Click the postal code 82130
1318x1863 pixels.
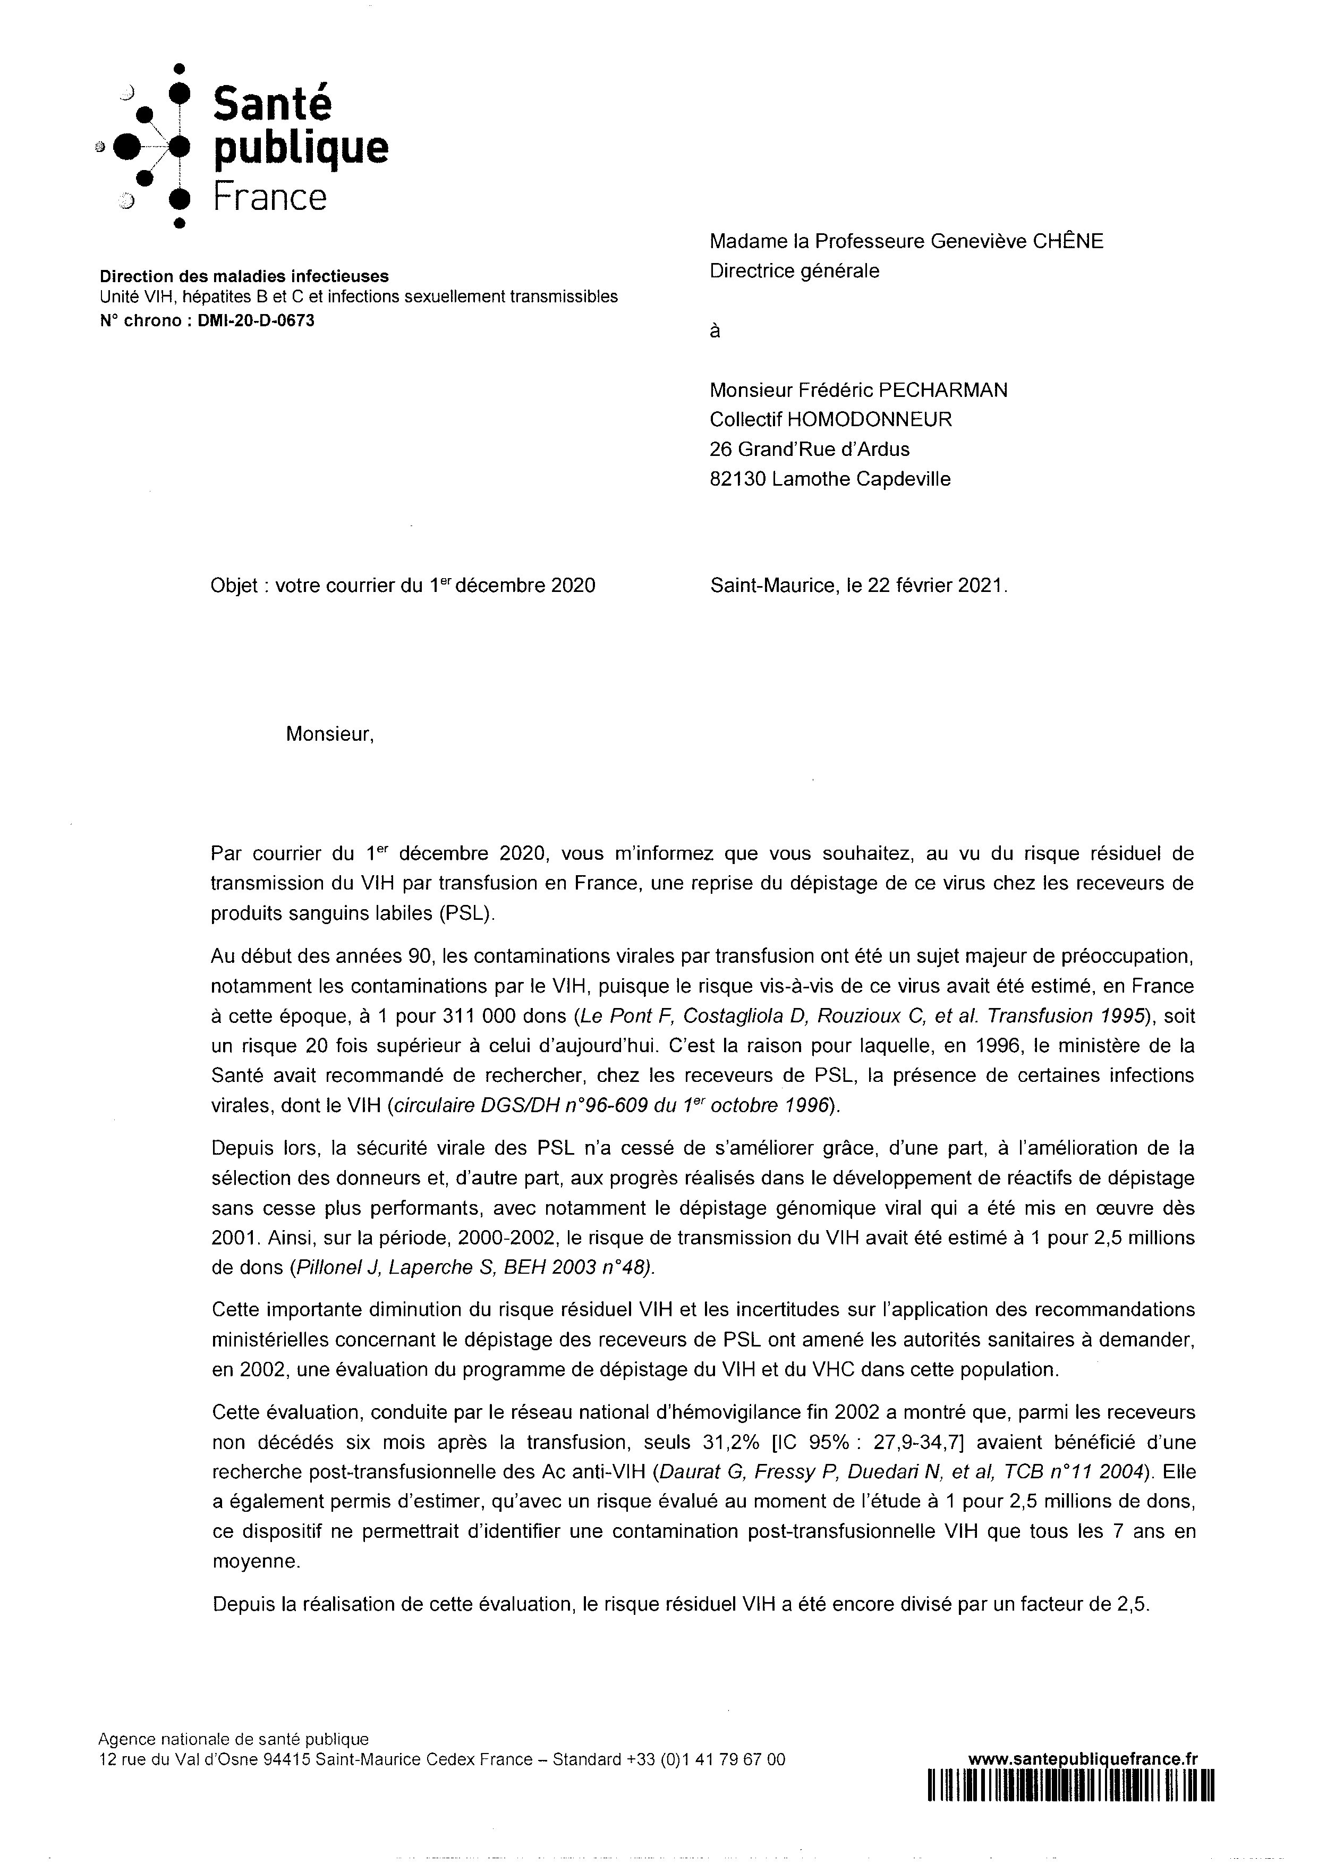[x=738, y=479]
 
